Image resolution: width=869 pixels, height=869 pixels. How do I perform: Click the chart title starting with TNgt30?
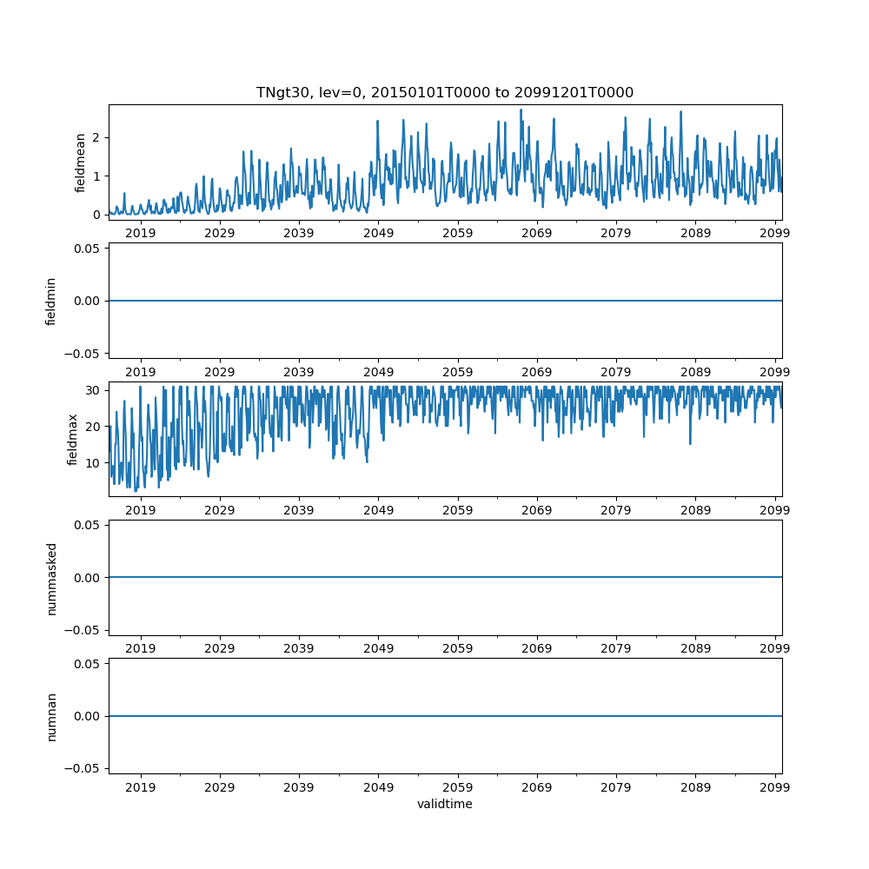(444, 92)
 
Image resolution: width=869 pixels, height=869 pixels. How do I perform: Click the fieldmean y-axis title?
(80, 163)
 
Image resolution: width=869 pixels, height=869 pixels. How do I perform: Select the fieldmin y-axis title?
(51, 301)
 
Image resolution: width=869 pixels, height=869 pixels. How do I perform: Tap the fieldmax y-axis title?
(73, 439)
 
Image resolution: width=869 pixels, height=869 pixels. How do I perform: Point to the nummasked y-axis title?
(51, 577)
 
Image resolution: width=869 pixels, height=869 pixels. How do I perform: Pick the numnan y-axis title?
(51, 716)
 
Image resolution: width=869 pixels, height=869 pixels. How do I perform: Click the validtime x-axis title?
(444, 804)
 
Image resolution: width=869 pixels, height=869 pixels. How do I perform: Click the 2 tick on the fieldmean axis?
(97, 137)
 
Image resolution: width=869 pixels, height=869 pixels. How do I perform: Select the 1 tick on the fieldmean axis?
(97, 176)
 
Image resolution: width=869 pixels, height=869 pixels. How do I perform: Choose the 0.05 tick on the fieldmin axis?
(89, 249)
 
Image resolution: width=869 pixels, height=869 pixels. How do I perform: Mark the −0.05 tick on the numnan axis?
(86, 768)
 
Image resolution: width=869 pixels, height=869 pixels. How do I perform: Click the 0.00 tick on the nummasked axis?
(89, 577)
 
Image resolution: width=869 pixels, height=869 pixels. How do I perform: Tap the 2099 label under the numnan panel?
(774, 787)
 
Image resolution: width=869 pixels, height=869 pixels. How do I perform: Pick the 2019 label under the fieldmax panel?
(141, 510)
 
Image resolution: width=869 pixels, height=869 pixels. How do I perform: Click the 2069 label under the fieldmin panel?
(537, 372)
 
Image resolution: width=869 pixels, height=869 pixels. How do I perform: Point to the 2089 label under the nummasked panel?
(695, 648)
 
